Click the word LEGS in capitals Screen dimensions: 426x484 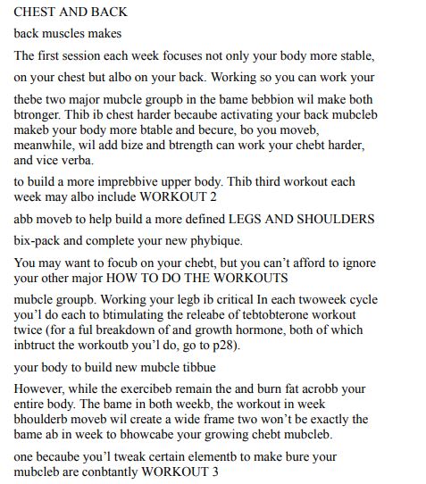(277, 219)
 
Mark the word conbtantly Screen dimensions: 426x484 (118, 471)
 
